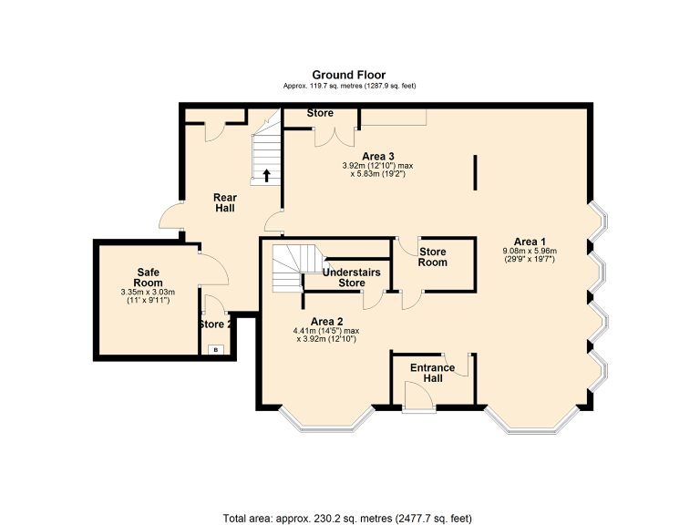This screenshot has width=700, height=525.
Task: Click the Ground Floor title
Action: point(349,75)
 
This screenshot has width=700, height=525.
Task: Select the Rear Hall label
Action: point(224,202)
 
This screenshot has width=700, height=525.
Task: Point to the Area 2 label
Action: point(326,321)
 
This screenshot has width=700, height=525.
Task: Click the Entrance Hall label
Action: point(432,372)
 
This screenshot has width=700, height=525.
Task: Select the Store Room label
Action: point(433,256)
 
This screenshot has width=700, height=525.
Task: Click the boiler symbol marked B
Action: point(216,349)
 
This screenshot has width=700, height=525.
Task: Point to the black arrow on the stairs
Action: point(266,175)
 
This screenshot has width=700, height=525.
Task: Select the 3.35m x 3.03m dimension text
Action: point(148,292)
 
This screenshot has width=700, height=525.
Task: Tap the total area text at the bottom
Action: point(348,518)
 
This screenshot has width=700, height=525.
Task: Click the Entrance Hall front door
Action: point(419,396)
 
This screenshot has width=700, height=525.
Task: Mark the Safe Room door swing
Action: point(211,266)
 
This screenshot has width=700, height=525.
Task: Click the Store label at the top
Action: point(320,113)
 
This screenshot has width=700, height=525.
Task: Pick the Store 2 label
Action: point(215,324)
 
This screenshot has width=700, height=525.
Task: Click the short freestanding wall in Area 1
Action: point(475,172)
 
